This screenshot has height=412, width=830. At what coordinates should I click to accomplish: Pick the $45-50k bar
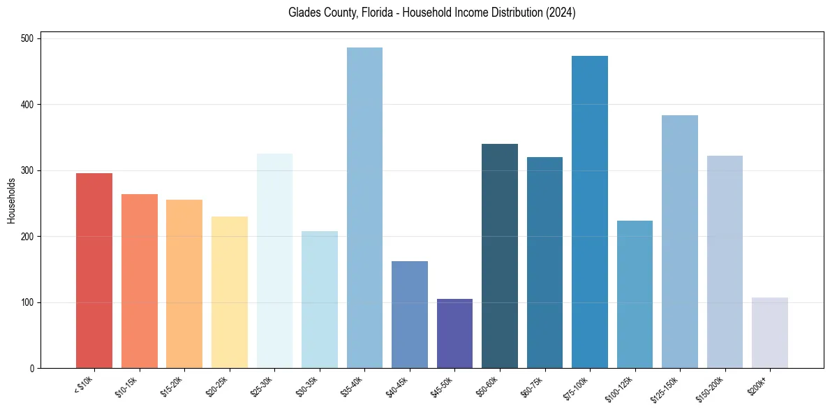pos(454,334)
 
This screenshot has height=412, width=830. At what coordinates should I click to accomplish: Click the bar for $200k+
pos(770,333)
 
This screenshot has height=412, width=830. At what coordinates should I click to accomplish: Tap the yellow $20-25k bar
pos(230,293)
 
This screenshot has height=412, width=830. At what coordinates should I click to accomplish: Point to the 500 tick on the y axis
pos(30,38)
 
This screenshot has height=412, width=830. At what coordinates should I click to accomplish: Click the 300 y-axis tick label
pos(30,170)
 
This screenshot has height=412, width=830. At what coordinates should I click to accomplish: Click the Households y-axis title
pos(11,200)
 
